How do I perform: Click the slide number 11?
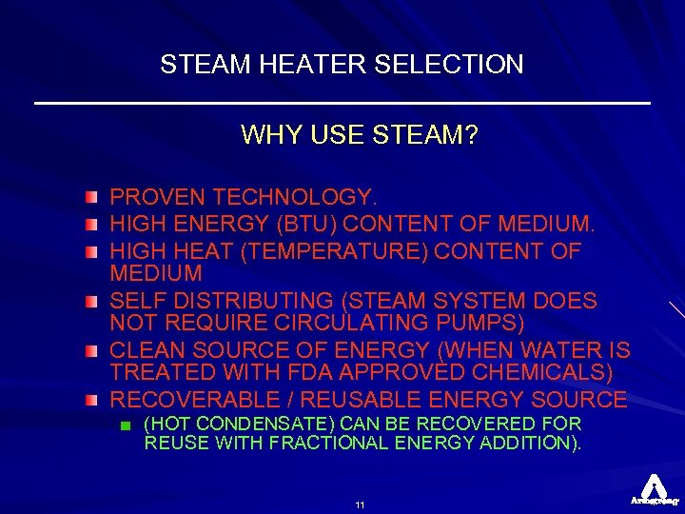360,504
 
